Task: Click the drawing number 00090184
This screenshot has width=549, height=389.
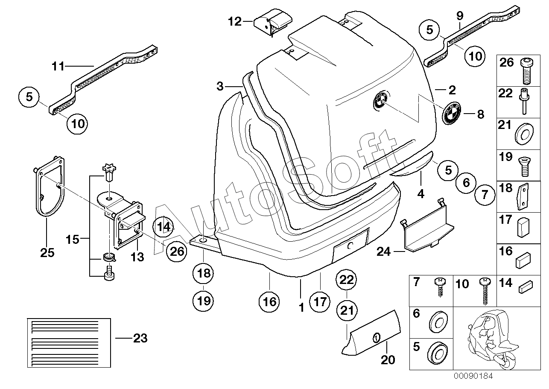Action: click(473, 376)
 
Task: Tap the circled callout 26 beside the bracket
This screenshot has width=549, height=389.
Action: click(177, 251)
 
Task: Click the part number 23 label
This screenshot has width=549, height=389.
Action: click(140, 339)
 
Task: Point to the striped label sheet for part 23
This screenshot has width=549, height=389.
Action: click(69, 342)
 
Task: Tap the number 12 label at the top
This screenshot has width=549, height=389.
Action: click(234, 21)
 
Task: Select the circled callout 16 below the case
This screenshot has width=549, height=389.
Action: click(270, 302)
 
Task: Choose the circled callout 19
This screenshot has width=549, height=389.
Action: click(204, 301)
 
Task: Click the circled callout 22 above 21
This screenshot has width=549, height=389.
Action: click(347, 281)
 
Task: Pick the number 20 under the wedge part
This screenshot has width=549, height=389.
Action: click(388, 360)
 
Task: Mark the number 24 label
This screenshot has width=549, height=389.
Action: click(384, 252)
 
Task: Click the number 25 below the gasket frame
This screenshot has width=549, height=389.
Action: click(47, 253)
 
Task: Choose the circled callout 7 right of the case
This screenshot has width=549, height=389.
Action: click(484, 196)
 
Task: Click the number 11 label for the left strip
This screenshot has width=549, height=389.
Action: click(58, 67)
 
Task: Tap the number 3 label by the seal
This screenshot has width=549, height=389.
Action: click(219, 87)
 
